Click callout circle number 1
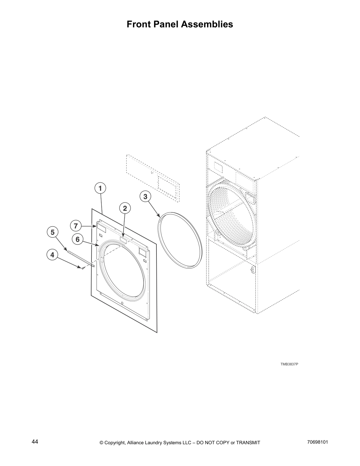[100, 188]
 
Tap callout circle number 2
[125, 208]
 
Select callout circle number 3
[145, 196]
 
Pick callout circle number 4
[52, 255]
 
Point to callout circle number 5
[52, 232]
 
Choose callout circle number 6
[78, 239]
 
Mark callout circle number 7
[76, 226]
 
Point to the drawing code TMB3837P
[289, 364]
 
